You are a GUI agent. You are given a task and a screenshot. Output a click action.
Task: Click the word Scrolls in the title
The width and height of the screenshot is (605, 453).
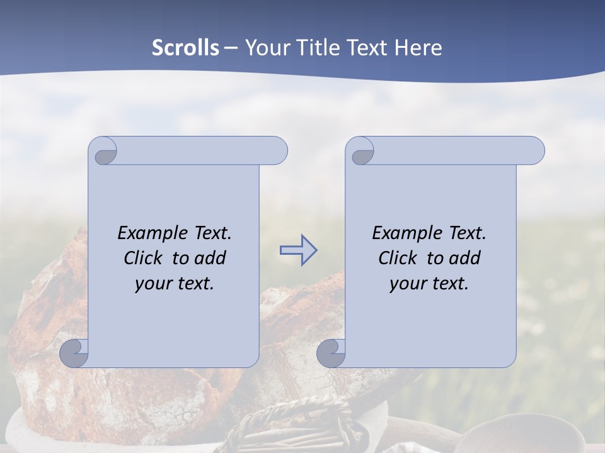(x=186, y=48)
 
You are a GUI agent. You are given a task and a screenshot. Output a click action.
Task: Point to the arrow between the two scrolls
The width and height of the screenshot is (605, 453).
(x=298, y=250)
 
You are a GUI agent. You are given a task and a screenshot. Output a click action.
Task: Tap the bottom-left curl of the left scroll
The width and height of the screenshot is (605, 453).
(x=74, y=353)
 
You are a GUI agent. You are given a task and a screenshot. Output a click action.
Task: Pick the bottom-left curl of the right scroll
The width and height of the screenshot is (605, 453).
(x=331, y=353)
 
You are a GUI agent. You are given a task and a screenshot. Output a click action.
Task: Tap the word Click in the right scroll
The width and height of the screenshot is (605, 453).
(x=398, y=258)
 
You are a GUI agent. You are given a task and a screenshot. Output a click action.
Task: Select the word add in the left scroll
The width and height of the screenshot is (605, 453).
(x=210, y=258)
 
